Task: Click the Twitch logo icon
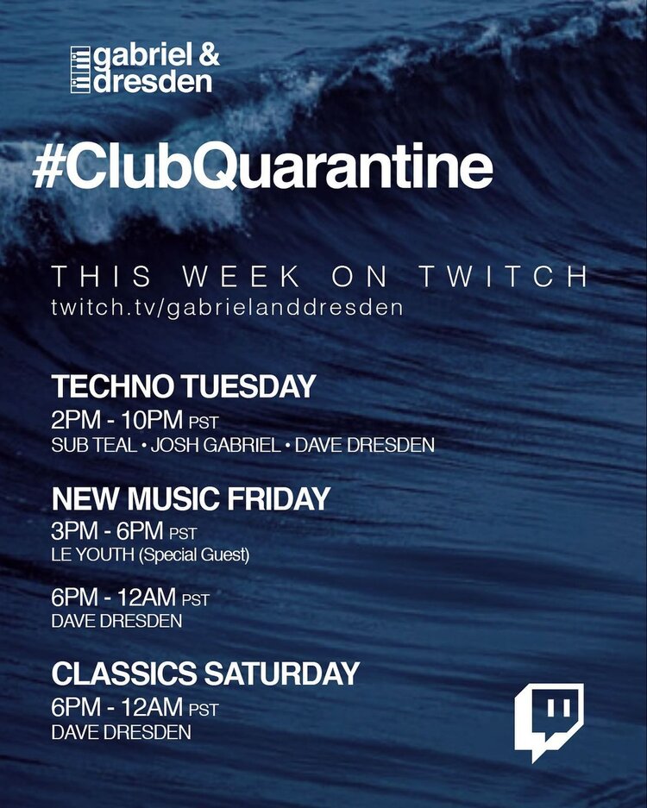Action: pyautogui.click(x=549, y=722)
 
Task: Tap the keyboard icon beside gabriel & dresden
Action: pyautogui.click(x=80, y=70)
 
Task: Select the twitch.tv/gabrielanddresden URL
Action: pyautogui.click(x=227, y=308)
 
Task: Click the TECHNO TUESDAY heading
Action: pyautogui.click(x=184, y=386)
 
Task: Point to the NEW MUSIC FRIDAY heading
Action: pyautogui.click(x=191, y=498)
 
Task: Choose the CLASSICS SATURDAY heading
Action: pyautogui.click(x=205, y=673)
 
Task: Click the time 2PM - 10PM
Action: pyautogui.click(x=117, y=420)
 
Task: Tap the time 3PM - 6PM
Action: pyautogui.click(x=107, y=530)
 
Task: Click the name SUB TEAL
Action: pyautogui.click(x=94, y=445)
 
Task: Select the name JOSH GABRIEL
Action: pyautogui.click(x=216, y=445)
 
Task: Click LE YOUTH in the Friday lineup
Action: pyautogui.click(x=93, y=554)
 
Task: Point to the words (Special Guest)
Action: pyautogui.click(x=194, y=555)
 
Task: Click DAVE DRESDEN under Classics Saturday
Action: pyautogui.click(x=121, y=732)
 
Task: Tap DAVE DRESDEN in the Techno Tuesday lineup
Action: pyautogui.click(x=365, y=445)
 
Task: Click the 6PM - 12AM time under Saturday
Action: pyautogui.click(x=117, y=706)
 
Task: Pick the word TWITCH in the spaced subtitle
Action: pyautogui.click(x=503, y=276)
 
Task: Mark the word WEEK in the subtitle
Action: pyautogui.click(x=242, y=276)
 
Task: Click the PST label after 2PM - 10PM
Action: pyautogui.click(x=204, y=423)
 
